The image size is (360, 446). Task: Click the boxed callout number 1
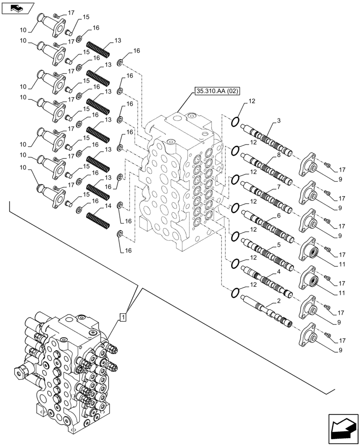coord(123,317)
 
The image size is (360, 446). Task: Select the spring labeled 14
coord(98,218)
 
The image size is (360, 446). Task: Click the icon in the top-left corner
coord(18,7)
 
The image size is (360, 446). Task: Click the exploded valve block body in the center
coord(180,178)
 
